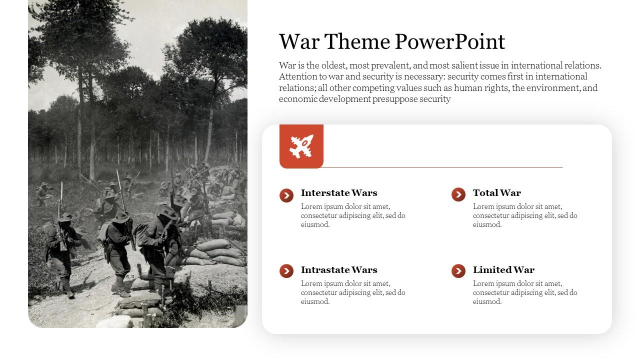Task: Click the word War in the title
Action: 299,42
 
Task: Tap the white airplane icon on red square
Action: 301,146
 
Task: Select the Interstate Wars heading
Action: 339,193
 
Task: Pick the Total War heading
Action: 496,193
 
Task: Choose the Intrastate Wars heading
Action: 339,270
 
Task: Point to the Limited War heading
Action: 503,270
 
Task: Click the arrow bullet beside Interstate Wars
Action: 286,195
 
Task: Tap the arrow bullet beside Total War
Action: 458,194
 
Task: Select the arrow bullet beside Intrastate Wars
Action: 286,271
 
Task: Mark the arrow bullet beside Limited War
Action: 458,271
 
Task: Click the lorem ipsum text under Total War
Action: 525,215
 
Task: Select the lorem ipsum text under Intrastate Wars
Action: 353,292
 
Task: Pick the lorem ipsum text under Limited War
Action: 525,292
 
